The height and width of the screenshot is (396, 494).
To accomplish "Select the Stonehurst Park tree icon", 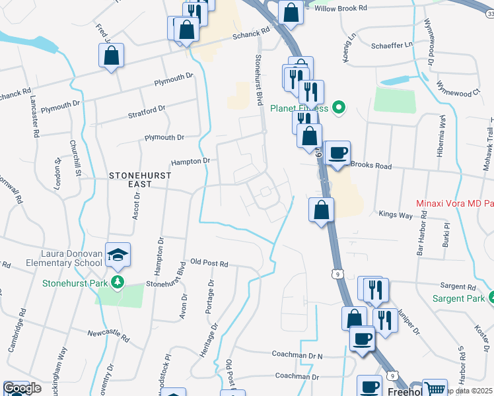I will pos(118,283).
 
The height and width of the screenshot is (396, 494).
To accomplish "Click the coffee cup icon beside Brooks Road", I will pos(337,153).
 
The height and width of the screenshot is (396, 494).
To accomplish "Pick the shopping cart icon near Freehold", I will pos(434,389).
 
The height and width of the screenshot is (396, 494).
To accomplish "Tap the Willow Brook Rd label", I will pos(340,9).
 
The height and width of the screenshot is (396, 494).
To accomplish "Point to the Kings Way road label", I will pos(396,214).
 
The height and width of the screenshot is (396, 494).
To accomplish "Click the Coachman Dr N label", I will pos(298,354).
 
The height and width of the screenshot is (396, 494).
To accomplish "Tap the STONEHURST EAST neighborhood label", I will pos(140,180).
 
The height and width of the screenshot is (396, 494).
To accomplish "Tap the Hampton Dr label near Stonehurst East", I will pos(190,161).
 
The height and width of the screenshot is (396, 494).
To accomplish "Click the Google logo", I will pos(22,388).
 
